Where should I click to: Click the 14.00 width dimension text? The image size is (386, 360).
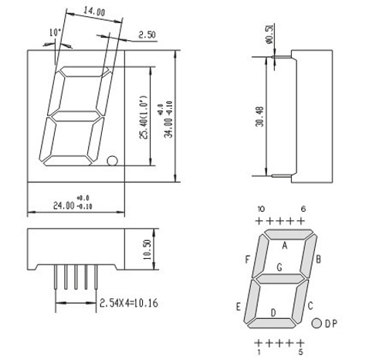(94, 12)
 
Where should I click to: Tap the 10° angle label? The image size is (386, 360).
(55, 32)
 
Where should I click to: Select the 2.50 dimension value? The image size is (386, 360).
(147, 35)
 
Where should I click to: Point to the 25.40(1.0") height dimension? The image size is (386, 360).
(143, 117)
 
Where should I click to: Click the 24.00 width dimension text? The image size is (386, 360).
(63, 205)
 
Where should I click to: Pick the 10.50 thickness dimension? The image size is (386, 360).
(147, 250)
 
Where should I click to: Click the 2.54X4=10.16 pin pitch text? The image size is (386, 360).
(129, 303)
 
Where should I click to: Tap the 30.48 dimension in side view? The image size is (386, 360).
(260, 117)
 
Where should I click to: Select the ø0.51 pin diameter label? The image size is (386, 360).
(270, 33)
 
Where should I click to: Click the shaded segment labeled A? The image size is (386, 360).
(289, 234)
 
